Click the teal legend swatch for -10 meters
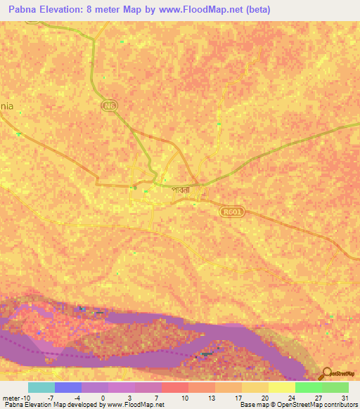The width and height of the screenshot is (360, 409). coord(41,387)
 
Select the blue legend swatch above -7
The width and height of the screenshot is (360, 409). coord(67,387)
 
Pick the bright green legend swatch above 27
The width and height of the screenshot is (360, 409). coord(308,387)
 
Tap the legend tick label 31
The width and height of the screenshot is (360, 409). coord(345,397)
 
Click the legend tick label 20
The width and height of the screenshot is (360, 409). coord(264,397)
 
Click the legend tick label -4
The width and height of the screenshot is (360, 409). coord(77,397)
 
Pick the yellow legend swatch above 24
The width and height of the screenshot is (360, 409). coord(281,387)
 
